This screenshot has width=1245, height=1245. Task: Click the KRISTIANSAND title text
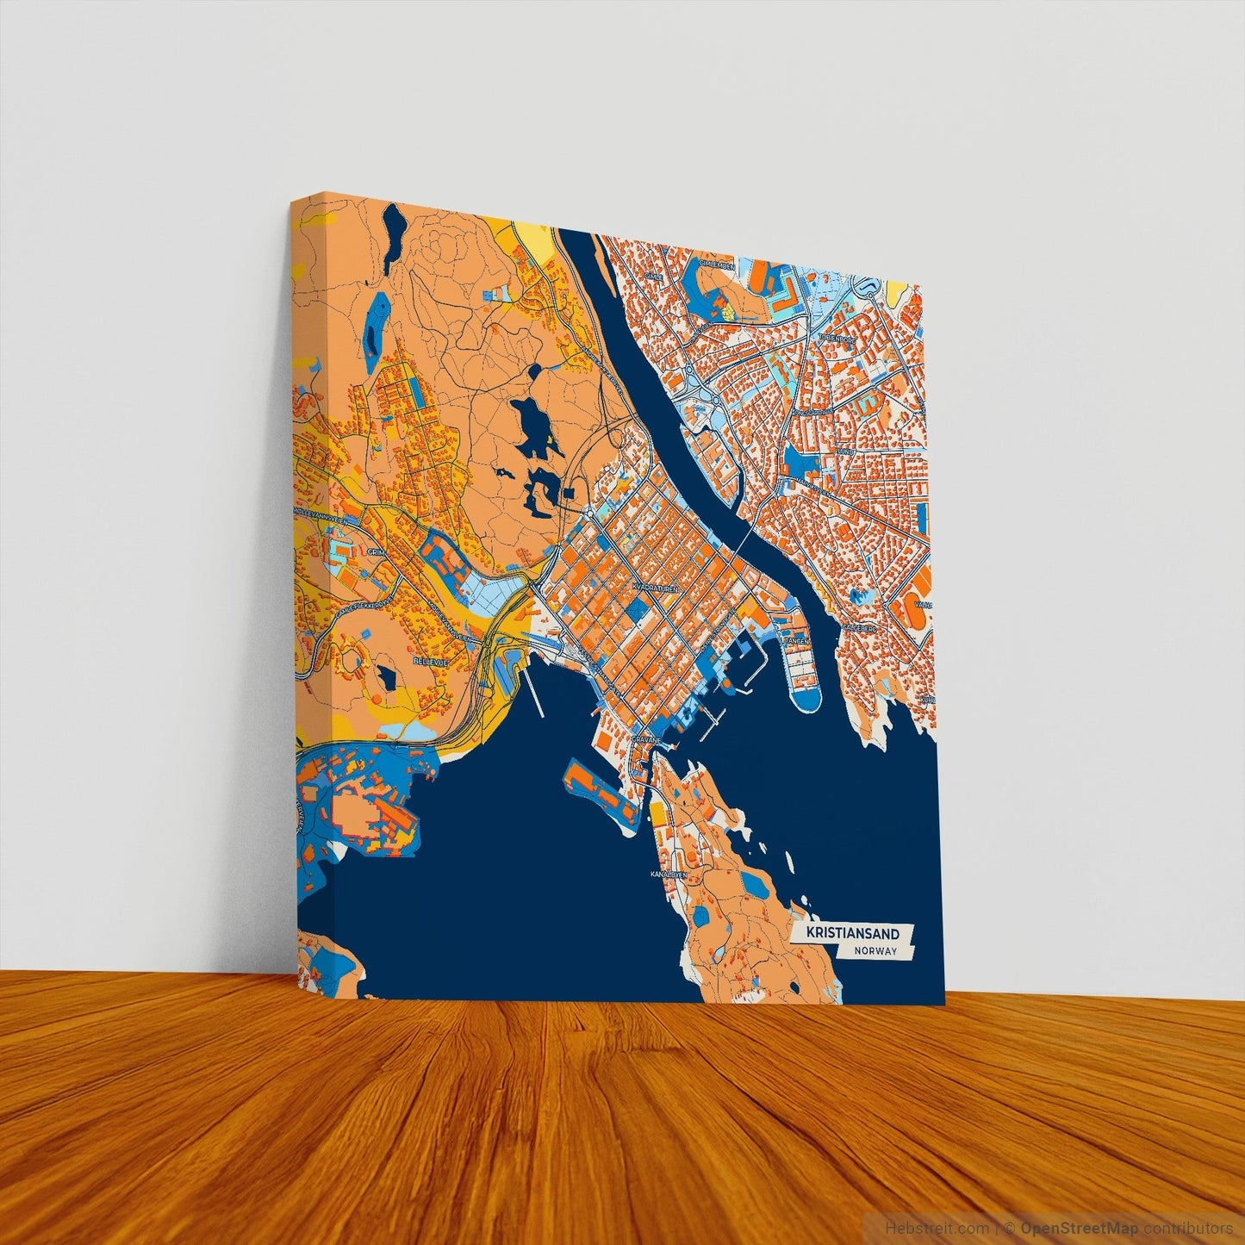pos(852,934)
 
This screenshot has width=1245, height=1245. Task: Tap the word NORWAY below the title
pos(876,952)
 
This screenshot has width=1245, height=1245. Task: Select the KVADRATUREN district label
pos(657,586)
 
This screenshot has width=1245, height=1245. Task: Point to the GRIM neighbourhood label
pos(377,552)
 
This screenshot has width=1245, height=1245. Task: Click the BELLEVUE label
pos(427,662)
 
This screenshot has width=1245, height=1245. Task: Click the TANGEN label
pos(794,641)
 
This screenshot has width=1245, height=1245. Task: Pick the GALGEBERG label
pos(860,628)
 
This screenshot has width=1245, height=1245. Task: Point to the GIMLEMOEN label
pos(717,266)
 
